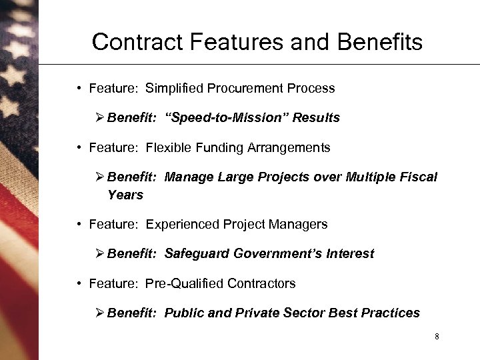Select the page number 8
tap(437, 336)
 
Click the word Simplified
tap(174, 88)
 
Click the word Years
tap(125, 195)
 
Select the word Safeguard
tap(195, 254)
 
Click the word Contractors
tap(261, 283)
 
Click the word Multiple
tap(371, 177)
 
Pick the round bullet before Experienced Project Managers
tap(79, 225)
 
